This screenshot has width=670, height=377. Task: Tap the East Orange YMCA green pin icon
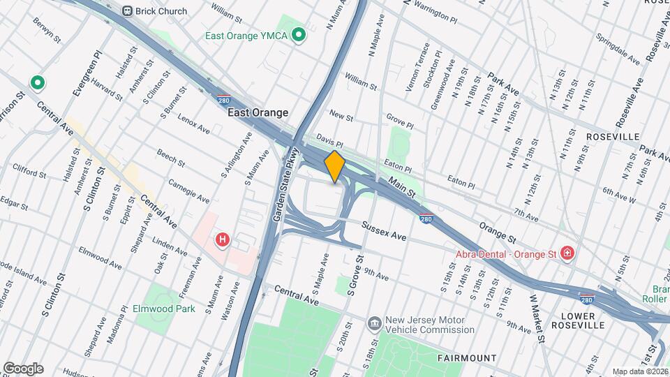tap(299, 34)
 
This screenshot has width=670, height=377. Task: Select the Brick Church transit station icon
tap(127, 10)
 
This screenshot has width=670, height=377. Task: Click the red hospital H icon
tap(223, 240)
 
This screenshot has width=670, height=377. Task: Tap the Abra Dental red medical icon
tap(567, 252)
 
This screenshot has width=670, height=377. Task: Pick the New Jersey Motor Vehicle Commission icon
tap(375, 323)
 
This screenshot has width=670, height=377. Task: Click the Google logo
tap(23, 368)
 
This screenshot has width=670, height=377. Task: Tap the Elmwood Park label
tap(164, 308)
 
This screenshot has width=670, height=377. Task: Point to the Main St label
tap(402, 186)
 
